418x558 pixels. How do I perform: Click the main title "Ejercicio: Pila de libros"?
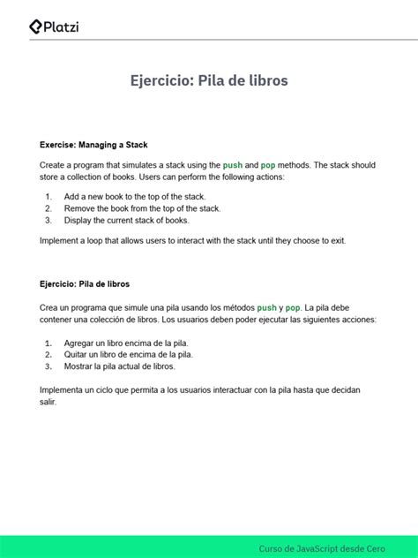point(209,81)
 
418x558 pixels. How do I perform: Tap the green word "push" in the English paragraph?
point(233,165)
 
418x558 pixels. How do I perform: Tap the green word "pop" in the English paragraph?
point(268,165)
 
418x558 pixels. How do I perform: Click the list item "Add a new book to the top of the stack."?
point(135,196)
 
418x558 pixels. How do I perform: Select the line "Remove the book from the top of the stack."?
point(142,208)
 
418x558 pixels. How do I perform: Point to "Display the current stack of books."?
point(127,221)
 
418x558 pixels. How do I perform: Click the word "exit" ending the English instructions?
point(335,240)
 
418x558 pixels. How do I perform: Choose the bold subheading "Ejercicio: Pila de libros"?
point(85,284)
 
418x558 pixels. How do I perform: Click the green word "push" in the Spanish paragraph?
point(266,306)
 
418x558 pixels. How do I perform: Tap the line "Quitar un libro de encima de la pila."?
point(129,354)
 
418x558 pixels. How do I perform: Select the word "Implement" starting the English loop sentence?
point(61,240)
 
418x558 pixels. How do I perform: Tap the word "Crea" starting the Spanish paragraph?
point(49,306)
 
